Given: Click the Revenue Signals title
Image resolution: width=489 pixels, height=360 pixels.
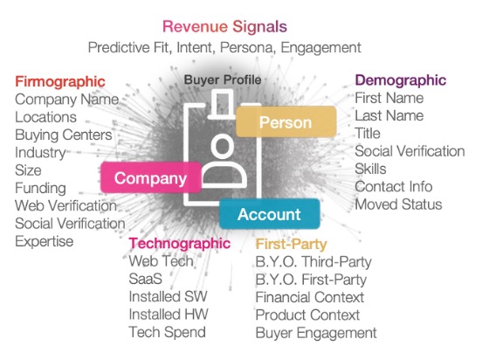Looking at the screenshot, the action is coord(224,26).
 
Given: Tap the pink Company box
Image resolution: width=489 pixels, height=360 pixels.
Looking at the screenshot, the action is coord(150,177).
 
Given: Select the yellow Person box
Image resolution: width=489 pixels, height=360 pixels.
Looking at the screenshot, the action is coord(286,121).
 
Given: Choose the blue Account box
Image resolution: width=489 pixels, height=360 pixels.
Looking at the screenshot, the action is coord(270,214).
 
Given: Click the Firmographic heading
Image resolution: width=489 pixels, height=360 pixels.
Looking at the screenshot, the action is coord(60,82).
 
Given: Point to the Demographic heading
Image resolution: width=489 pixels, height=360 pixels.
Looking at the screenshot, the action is coord(401,80).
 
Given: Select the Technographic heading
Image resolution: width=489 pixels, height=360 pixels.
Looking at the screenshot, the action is coord(180,244).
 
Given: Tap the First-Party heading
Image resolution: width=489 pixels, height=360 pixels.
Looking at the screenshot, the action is coord(291,244).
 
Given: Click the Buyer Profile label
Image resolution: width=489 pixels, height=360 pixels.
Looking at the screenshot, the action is coord(223,80).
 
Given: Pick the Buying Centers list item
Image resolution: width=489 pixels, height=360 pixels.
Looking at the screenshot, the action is coord(63,135).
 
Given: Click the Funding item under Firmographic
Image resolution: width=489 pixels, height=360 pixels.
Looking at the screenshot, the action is coord(40,188).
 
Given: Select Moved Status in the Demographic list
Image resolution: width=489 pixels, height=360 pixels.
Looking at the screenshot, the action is coord(398,204).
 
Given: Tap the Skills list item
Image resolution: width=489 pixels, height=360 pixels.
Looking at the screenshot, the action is coord(370,169).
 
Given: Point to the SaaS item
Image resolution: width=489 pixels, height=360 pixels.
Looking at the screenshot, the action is coord(145,279).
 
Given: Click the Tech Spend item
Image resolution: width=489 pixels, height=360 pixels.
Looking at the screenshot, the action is coord(167,332).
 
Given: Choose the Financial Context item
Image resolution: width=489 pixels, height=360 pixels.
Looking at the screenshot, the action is coord(310,297).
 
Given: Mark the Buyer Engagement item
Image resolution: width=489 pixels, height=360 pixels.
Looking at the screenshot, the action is coord(316,333).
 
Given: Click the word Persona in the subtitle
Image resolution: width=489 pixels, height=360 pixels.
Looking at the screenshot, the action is coord(248,47).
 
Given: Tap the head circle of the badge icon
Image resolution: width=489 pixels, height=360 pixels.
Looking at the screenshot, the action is coord(223,146).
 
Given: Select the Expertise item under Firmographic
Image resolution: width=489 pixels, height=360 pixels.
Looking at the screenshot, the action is coord(44,241).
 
